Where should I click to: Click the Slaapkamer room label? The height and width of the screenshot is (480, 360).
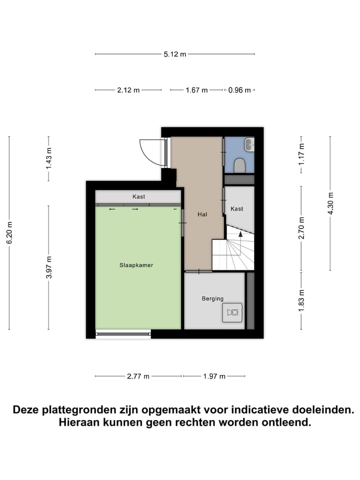(x=136, y=265)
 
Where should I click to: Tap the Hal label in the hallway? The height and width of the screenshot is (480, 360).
(x=202, y=214)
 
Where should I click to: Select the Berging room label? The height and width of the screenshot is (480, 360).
(x=212, y=298)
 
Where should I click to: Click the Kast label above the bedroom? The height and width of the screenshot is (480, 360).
(x=138, y=196)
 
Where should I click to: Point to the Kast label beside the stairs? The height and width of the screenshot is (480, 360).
(x=237, y=208)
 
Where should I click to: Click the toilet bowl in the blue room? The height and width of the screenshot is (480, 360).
(x=240, y=164)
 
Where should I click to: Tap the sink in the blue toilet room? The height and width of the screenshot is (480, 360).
(x=249, y=145)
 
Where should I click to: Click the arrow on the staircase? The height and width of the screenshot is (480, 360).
(x=240, y=233)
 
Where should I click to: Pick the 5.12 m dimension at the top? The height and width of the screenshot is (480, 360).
(x=174, y=54)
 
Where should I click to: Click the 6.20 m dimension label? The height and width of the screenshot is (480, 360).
(x=9, y=232)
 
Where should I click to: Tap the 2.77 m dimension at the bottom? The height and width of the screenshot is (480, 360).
(x=138, y=376)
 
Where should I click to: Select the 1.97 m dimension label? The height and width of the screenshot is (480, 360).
(x=214, y=376)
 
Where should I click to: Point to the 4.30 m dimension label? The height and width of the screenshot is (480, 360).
(x=330, y=203)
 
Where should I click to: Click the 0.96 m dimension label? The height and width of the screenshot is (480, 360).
(x=238, y=90)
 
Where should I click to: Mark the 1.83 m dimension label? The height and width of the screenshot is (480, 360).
(x=301, y=300)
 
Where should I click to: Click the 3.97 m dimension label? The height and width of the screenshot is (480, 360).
(x=48, y=267)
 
